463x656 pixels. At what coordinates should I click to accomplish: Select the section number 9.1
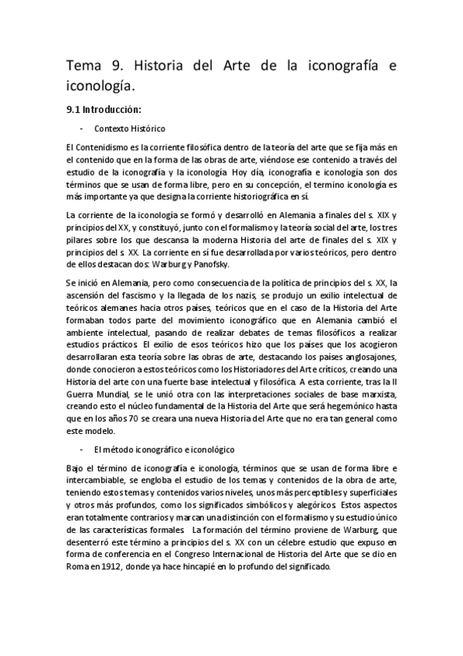point(74,109)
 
